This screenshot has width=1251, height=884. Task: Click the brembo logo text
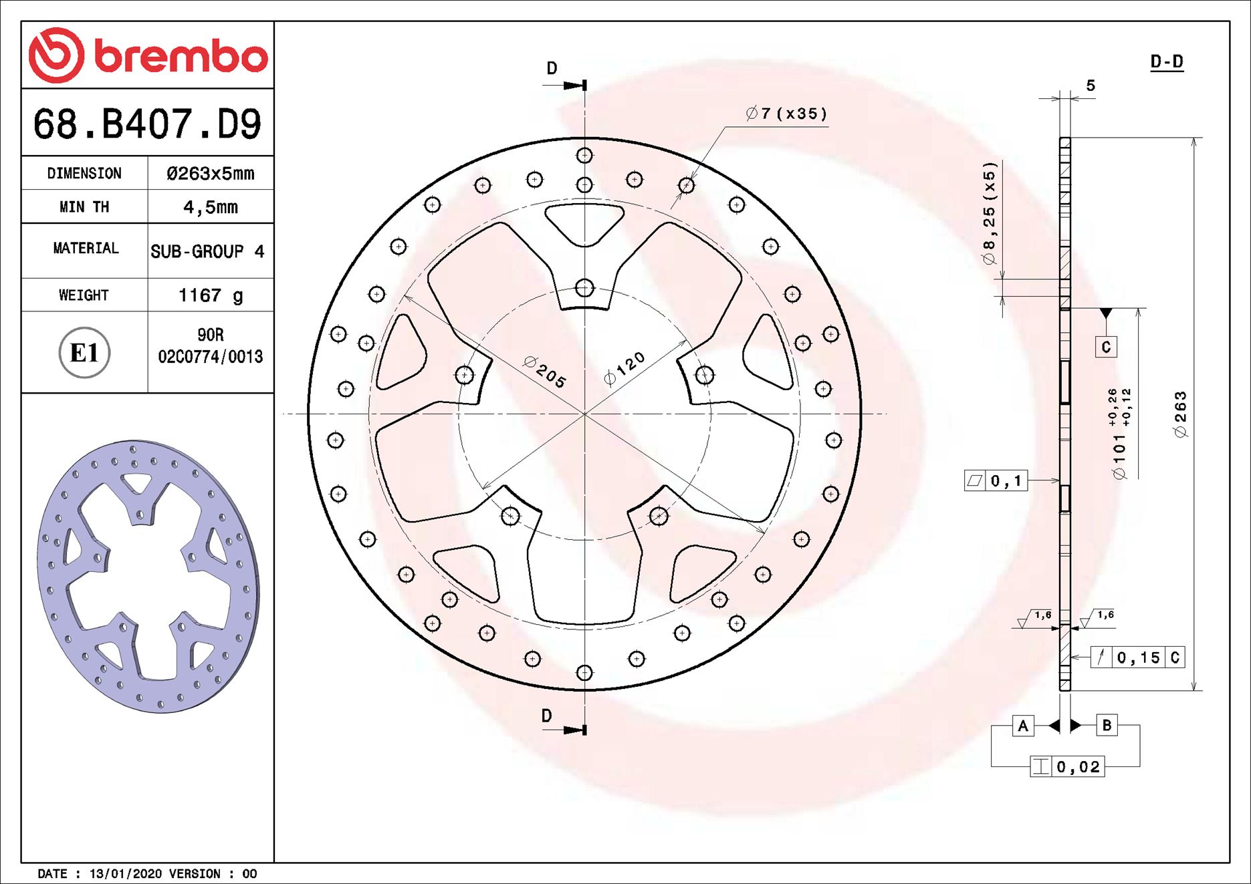tap(181, 56)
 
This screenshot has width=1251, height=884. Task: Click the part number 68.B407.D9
tap(147, 124)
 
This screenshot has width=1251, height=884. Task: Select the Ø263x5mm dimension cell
tap(210, 174)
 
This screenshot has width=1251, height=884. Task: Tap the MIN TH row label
tap(84, 207)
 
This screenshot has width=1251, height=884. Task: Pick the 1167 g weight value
tap(210, 295)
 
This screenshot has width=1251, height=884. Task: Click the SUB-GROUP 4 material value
tap(207, 252)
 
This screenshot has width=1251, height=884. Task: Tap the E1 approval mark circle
tap(84, 353)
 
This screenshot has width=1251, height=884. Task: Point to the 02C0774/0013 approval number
tap(210, 357)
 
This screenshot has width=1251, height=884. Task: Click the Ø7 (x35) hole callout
tap(786, 114)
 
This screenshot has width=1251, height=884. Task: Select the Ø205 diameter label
tap(545, 373)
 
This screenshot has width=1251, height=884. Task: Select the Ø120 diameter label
tap(624, 368)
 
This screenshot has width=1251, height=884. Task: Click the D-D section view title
tap(1167, 62)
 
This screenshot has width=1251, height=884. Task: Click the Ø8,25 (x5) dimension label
tap(990, 213)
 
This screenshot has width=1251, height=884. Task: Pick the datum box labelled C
tap(1106, 347)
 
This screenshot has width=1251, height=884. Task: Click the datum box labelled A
tap(1022, 726)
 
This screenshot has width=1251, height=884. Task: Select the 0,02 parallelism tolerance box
tap(1068, 767)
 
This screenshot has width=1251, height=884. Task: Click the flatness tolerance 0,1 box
tap(996, 480)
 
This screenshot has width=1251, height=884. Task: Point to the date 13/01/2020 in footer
tap(126, 874)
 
